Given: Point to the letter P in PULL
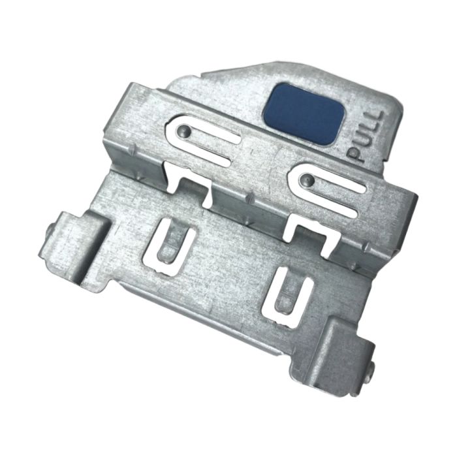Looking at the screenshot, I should (356, 155).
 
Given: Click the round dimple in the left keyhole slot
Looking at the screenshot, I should (183, 131).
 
